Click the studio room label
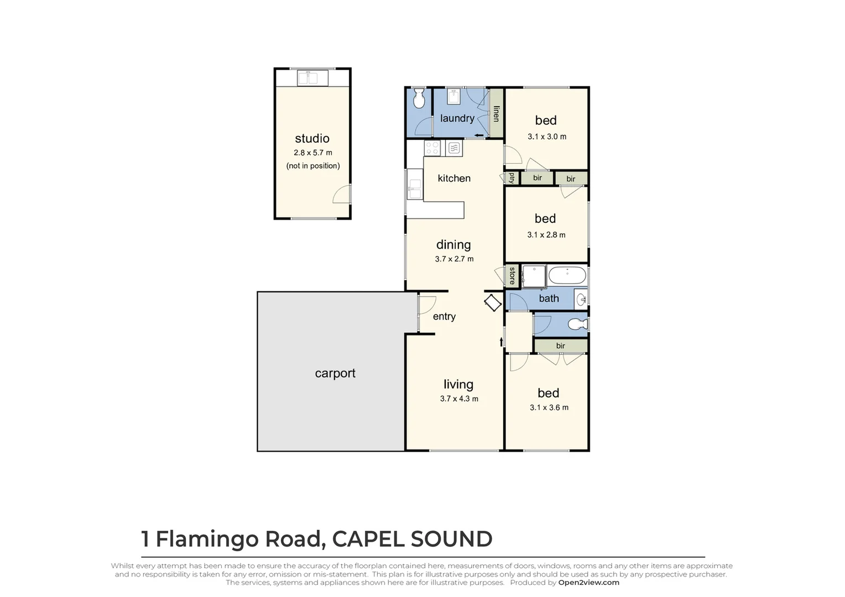point(312,139)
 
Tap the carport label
point(335,374)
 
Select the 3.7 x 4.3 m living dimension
point(459,399)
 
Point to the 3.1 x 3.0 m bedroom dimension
point(546,137)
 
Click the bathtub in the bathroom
point(567,275)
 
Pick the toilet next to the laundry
point(419,98)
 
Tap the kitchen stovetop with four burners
point(432,148)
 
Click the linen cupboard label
point(496,114)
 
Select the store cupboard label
point(512,275)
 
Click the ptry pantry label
point(512,178)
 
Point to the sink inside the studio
point(312,78)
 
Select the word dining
point(453,245)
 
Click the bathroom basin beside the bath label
point(581,299)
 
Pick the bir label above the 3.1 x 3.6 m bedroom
point(560,346)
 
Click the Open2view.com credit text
point(588,583)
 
